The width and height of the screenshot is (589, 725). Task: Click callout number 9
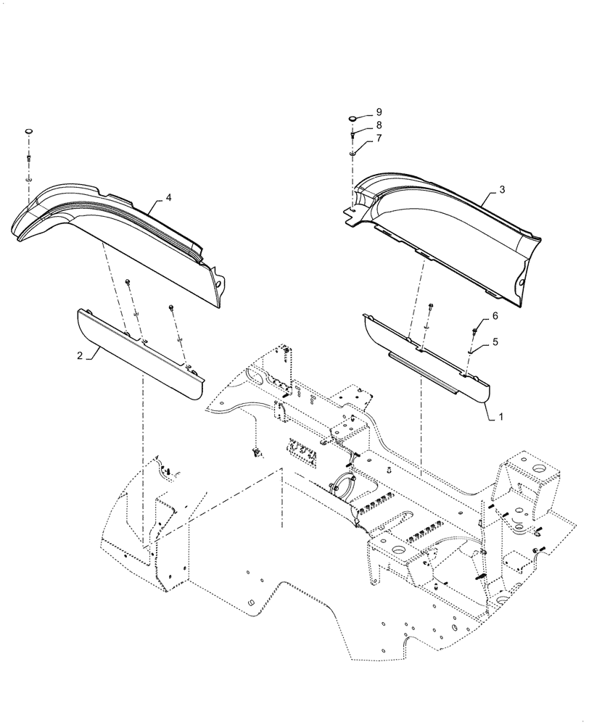pyautogui.click(x=379, y=113)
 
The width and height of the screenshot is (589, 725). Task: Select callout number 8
pyautogui.click(x=379, y=125)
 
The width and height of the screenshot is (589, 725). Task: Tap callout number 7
pyautogui.click(x=379, y=138)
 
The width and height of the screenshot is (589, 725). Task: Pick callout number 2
pyautogui.click(x=79, y=355)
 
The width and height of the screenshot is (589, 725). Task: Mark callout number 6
pyautogui.click(x=495, y=316)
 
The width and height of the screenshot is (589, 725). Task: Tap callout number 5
pyautogui.click(x=495, y=341)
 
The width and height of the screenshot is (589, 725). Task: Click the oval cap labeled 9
pyautogui.click(x=353, y=116)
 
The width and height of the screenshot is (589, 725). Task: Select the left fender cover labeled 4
pyautogui.click(x=116, y=232)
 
